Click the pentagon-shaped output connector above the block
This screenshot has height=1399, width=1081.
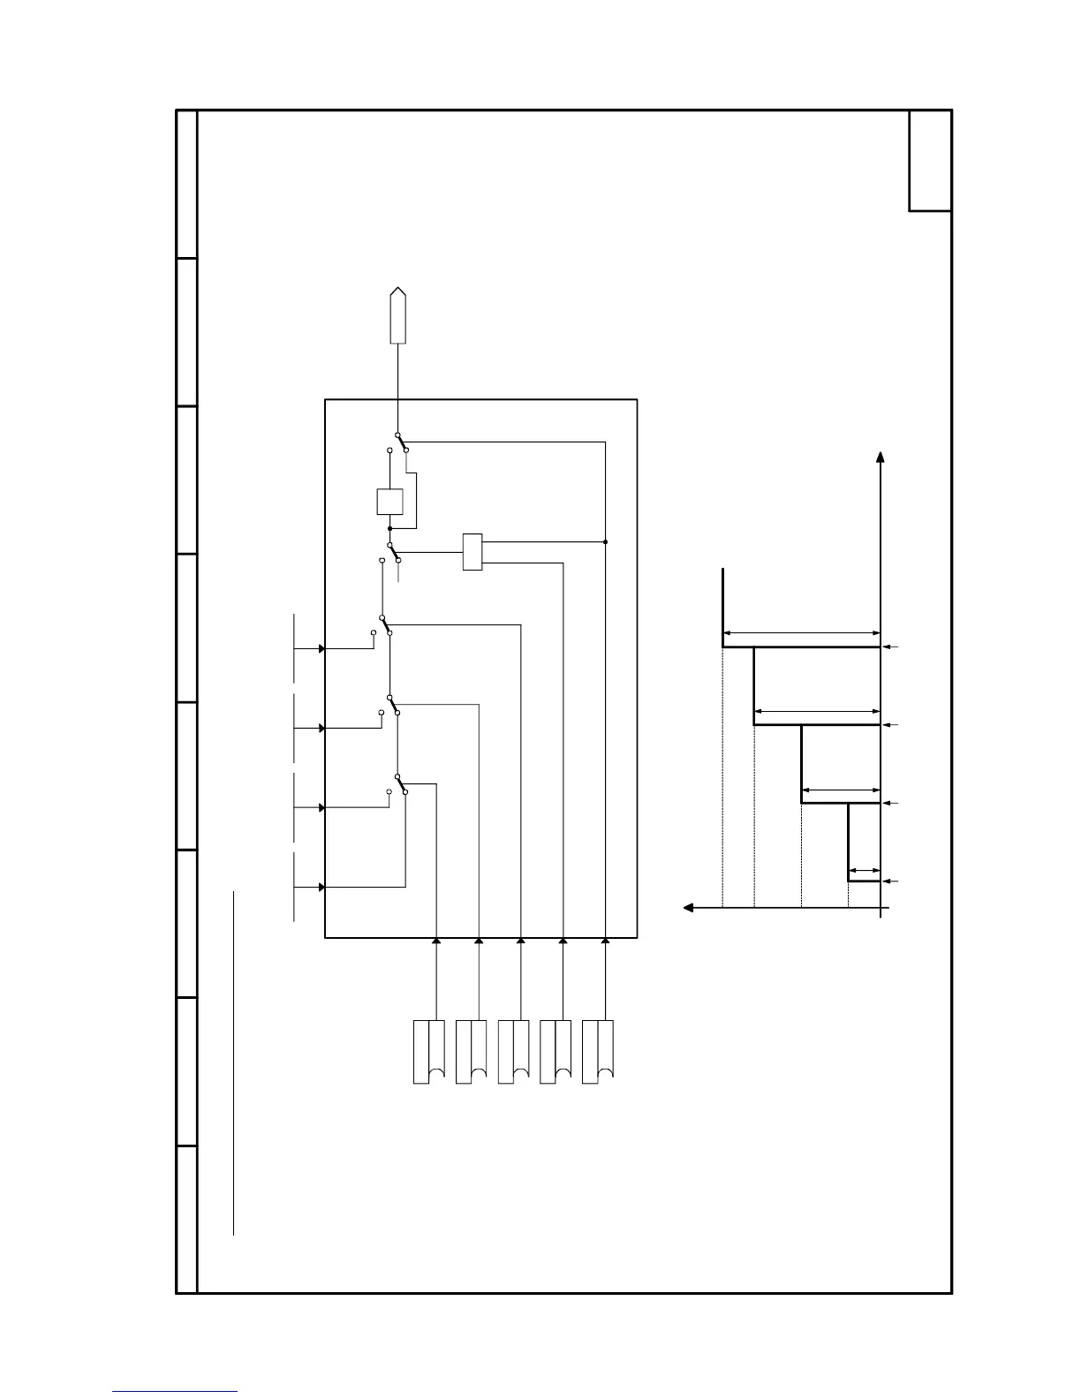[399, 315]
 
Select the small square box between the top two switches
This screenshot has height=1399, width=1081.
[389, 502]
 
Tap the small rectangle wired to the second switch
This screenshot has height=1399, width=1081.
[472, 552]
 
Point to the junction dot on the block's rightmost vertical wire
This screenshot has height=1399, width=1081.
[605, 541]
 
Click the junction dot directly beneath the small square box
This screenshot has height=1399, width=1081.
[389, 528]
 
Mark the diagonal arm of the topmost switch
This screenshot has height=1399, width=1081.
[402, 442]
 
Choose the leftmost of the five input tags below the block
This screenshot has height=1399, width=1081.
[429, 1051]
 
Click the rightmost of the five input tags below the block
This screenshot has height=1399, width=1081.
[599, 1051]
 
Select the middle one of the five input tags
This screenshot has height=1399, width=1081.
[514, 1051]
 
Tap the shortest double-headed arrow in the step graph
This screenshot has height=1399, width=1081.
[865, 870]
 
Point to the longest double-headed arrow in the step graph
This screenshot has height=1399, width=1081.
[802, 632]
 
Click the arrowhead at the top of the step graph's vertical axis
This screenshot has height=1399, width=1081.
[881, 457]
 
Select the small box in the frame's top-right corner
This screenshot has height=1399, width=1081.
[930, 161]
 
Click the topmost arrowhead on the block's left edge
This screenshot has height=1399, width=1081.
[322, 648]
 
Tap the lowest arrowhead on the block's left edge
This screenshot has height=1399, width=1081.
[322, 887]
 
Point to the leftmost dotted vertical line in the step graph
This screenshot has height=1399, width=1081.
[723, 777]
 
